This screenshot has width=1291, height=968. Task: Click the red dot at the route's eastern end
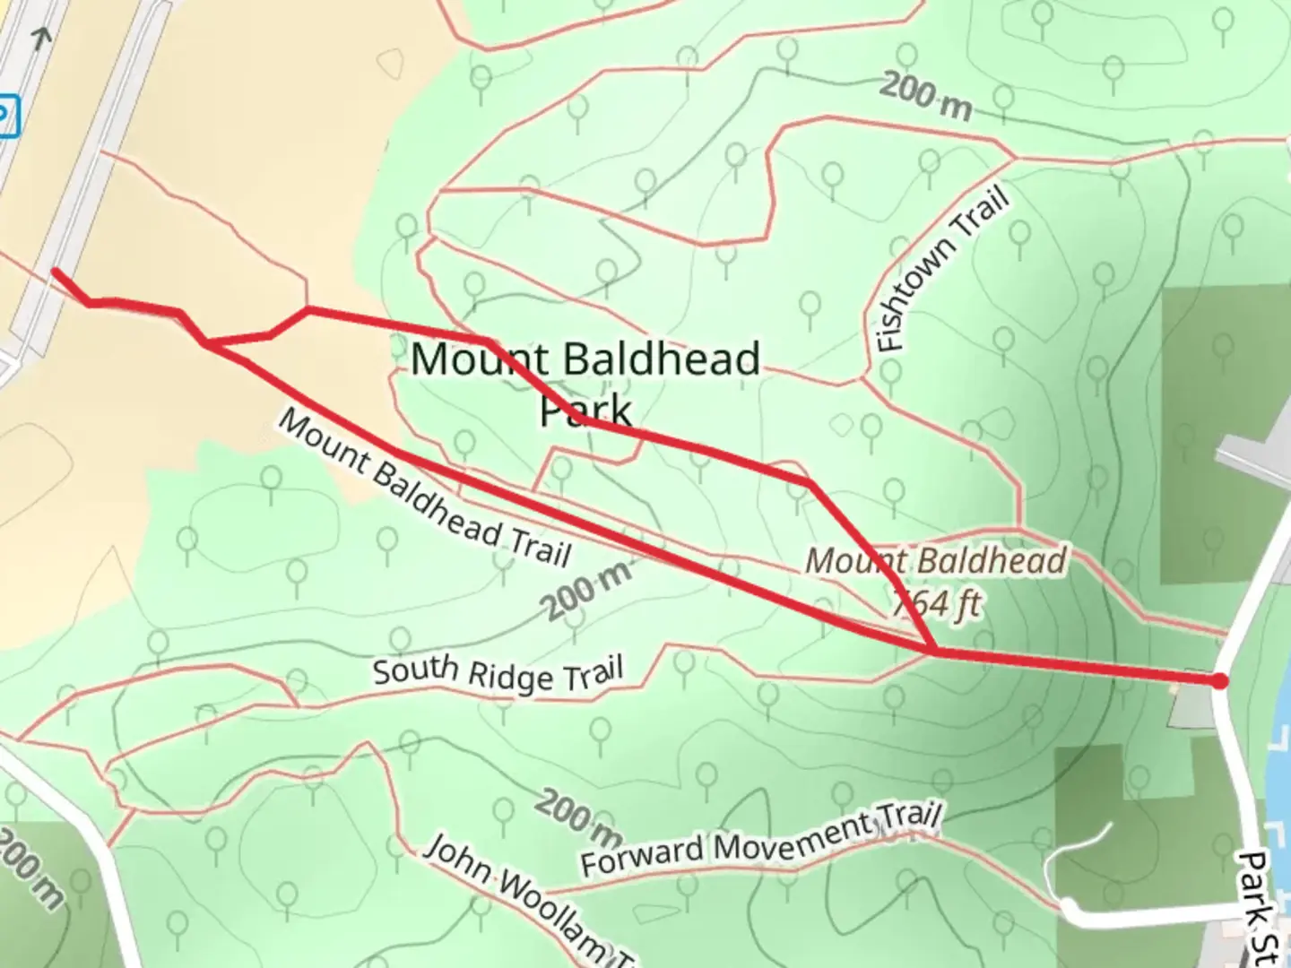1219,682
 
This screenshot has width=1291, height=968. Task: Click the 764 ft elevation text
936,603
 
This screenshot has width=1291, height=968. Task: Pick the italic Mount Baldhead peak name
936,562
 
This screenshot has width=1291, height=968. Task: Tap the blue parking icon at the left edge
5,117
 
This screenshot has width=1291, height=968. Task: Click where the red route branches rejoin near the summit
935,651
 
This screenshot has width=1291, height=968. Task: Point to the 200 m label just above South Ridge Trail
587,588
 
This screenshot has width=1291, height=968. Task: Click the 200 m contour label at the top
925,96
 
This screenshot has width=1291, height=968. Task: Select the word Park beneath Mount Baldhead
585,411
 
